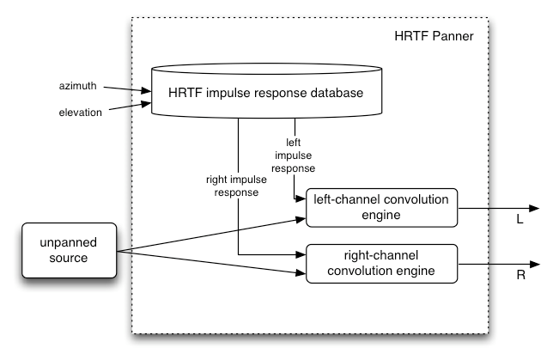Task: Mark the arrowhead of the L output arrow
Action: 534,209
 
